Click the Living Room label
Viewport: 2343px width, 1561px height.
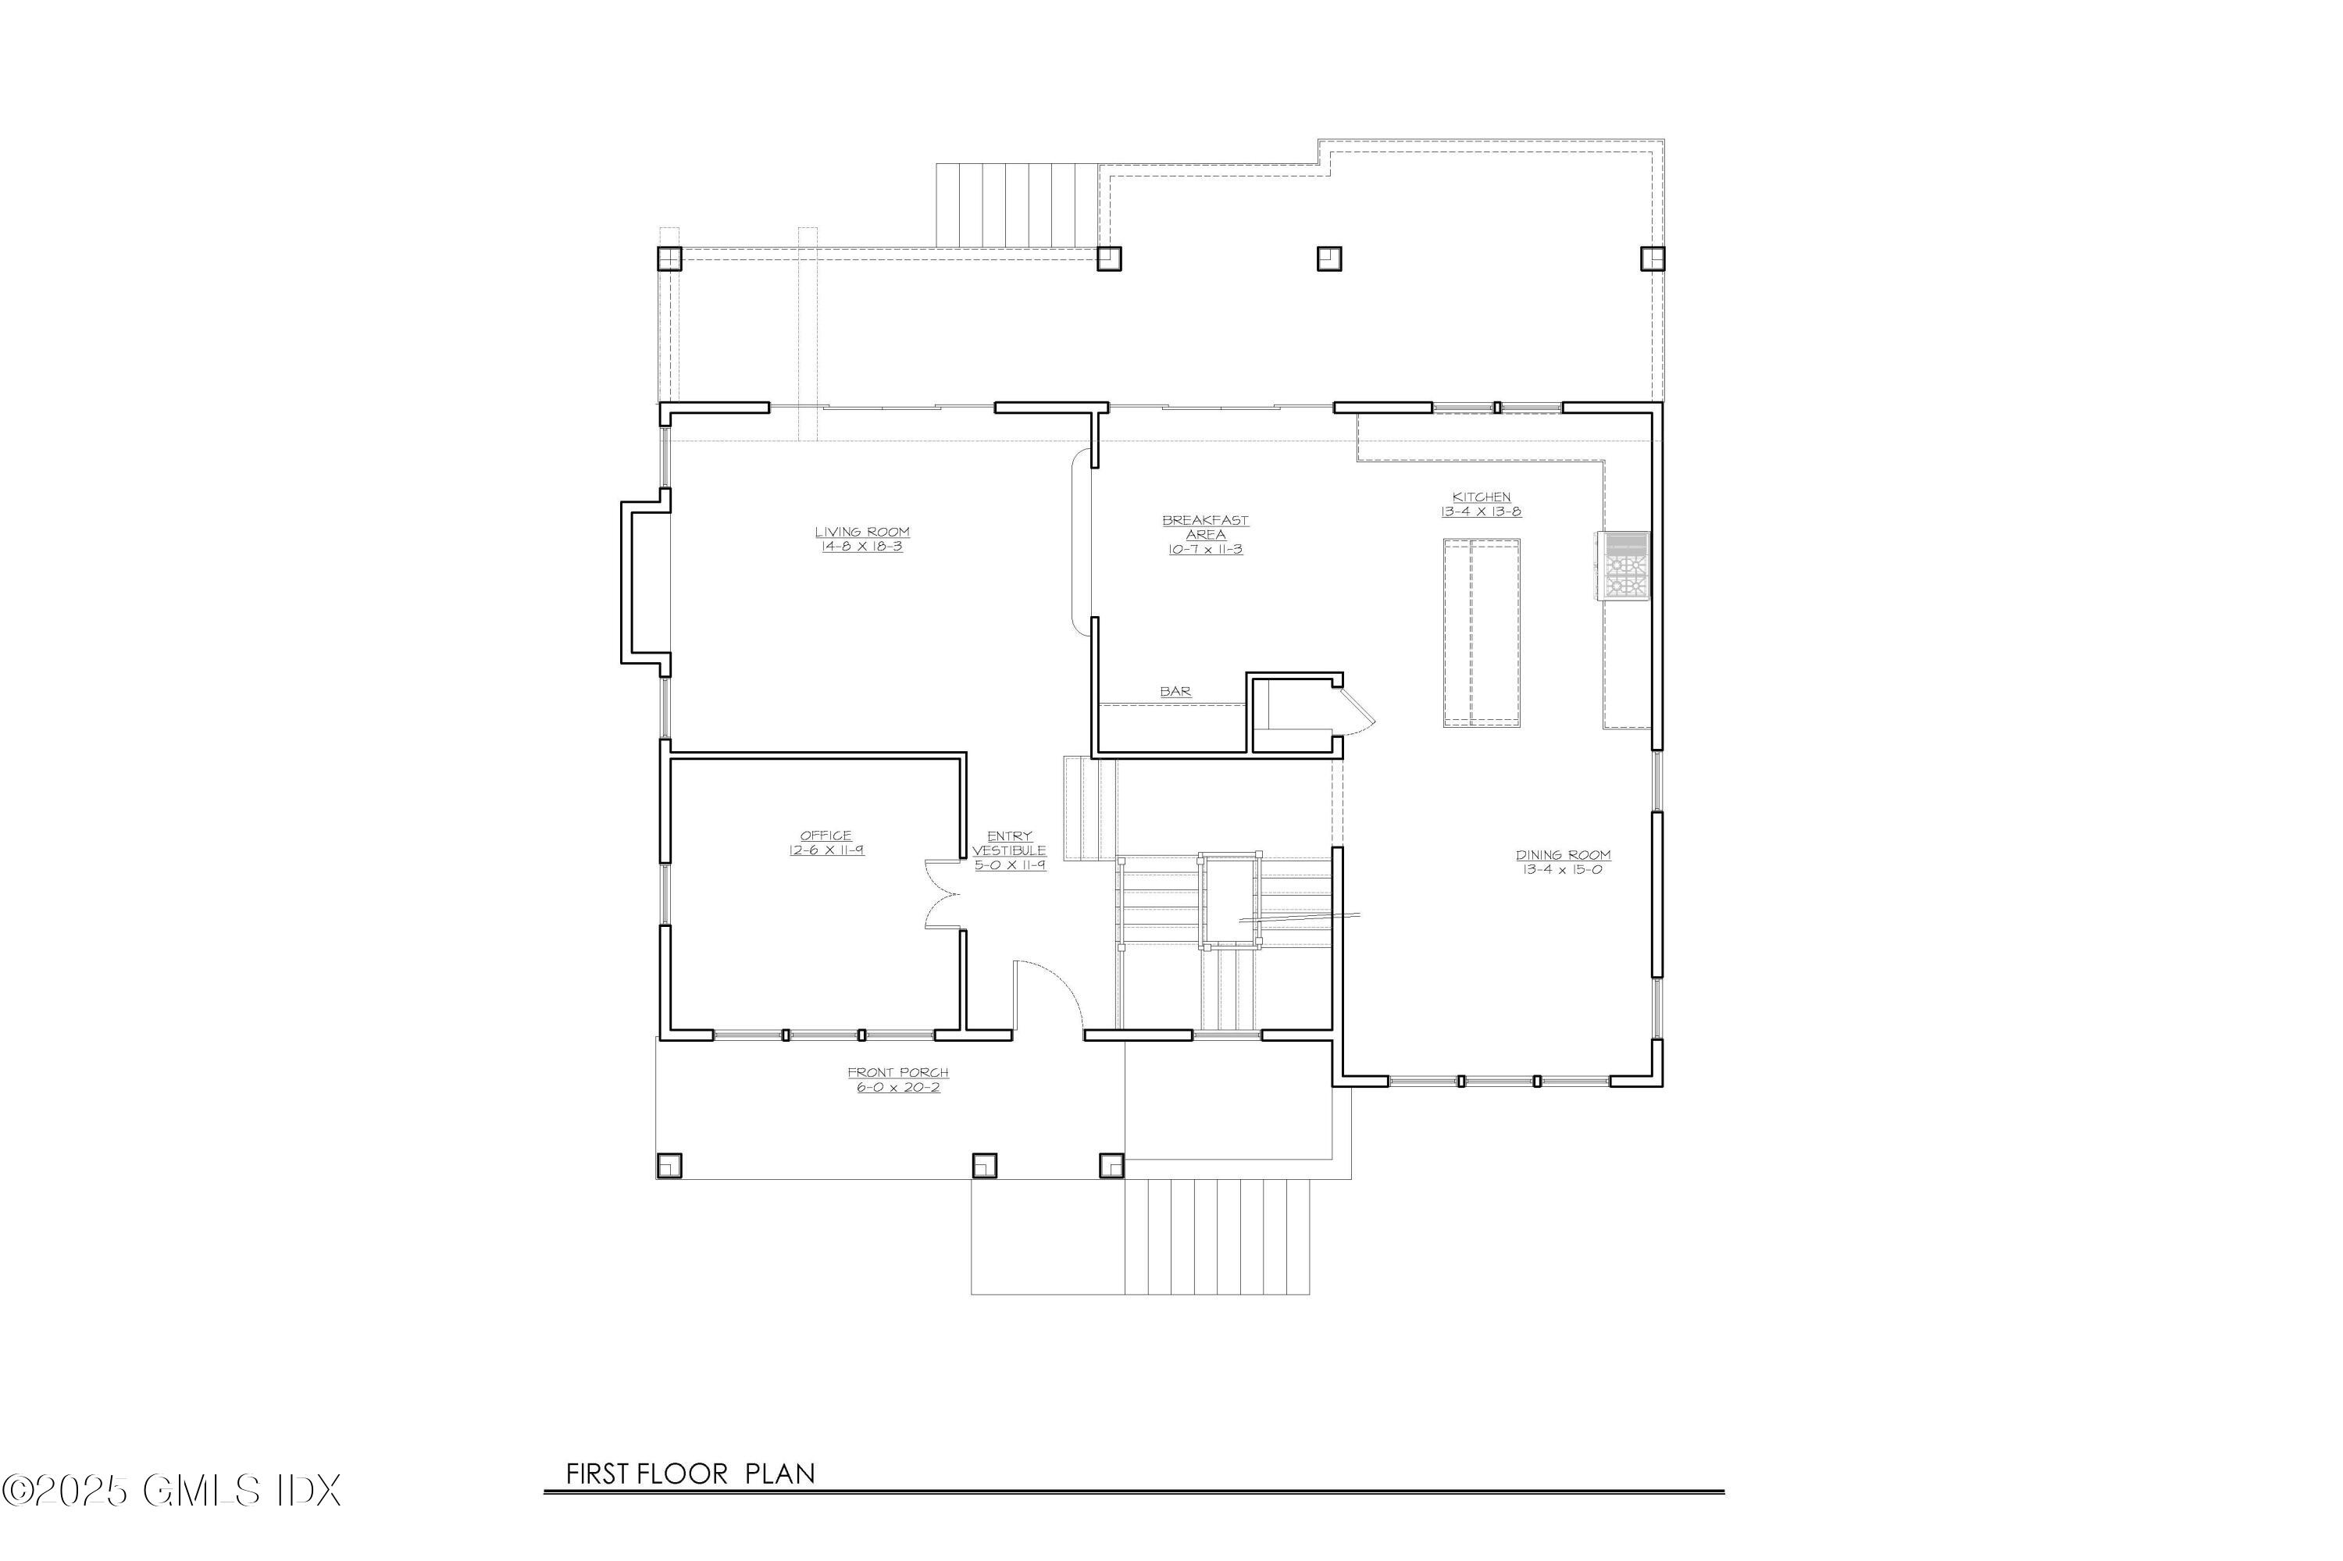[862, 539]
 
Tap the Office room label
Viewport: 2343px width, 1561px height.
[826, 843]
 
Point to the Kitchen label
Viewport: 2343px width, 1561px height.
[1481, 504]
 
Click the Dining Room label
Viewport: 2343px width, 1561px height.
[1562, 861]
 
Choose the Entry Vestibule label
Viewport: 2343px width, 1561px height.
[1010, 850]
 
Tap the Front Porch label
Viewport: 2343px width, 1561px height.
[898, 1079]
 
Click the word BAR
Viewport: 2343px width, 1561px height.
[1175, 691]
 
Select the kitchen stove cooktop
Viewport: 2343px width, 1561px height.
[1623, 565]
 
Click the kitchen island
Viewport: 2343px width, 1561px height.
[1482, 633]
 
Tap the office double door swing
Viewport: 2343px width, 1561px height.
[941, 894]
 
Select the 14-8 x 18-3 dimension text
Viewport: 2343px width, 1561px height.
[862, 547]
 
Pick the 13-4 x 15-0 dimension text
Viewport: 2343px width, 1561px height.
[1562, 869]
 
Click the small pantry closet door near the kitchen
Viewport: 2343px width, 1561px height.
[1357, 703]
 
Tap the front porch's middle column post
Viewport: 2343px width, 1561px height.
[984, 1166]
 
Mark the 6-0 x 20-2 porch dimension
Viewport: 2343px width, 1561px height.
[898, 1087]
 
